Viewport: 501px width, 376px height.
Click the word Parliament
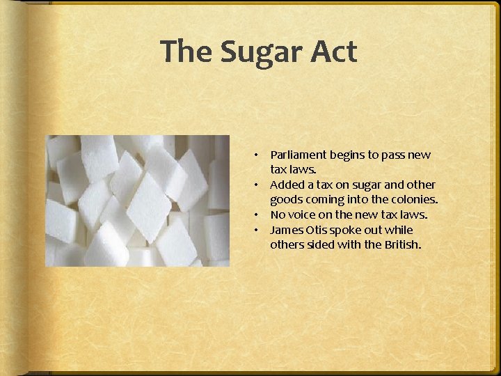point(297,155)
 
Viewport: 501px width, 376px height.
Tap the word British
point(404,245)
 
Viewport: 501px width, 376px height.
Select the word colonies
point(414,200)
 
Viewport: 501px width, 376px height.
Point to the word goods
point(285,200)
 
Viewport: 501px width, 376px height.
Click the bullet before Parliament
point(256,155)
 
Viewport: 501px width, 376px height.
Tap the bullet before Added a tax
point(256,185)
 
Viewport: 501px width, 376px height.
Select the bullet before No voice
point(256,214)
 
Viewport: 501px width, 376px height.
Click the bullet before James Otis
point(256,230)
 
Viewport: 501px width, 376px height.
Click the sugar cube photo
point(138,200)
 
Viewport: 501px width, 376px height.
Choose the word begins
point(344,155)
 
